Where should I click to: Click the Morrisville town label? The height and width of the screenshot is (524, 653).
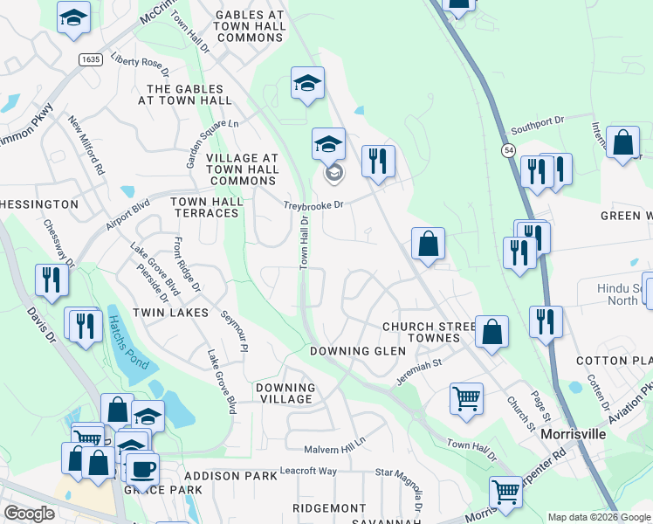(x=574, y=433)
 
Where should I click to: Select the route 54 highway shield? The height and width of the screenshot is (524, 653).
(x=508, y=151)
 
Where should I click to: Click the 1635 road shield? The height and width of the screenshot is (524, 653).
(x=88, y=59)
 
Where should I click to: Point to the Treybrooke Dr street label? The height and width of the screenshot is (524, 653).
(x=314, y=206)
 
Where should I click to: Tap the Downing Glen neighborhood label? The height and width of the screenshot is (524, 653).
(x=358, y=351)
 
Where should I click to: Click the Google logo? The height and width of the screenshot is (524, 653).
(x=29, y=514)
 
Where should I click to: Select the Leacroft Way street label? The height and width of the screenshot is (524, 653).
(x=308, y=471)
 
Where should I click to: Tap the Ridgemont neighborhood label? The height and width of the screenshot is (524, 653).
(x=329, y=507)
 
